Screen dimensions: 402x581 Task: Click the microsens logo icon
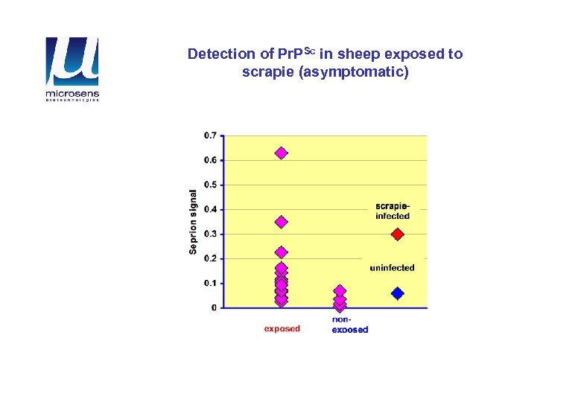coord(72,62)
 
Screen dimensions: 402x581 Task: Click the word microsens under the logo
coord(72,94)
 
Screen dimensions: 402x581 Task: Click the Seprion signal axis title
coord(193,220)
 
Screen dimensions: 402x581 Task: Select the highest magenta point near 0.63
coord(281,153)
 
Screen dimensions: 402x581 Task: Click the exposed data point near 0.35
coord(281,222)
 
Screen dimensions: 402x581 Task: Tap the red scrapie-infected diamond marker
coord(397,234)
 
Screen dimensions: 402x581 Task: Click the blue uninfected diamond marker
coord(397,294)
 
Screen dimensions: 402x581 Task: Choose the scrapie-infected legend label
coord(393,211)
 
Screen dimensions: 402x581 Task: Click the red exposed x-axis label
coord(282,329)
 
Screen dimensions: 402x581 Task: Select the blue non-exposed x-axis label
coord(349,325)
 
